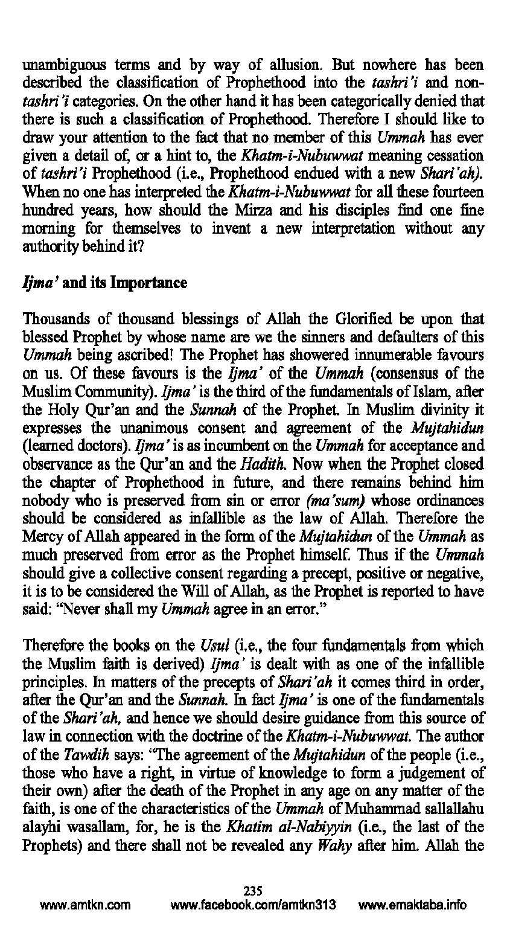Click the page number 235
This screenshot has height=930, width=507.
tap(253, 890)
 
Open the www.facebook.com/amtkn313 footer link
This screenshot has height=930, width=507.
tap(253, 905)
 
